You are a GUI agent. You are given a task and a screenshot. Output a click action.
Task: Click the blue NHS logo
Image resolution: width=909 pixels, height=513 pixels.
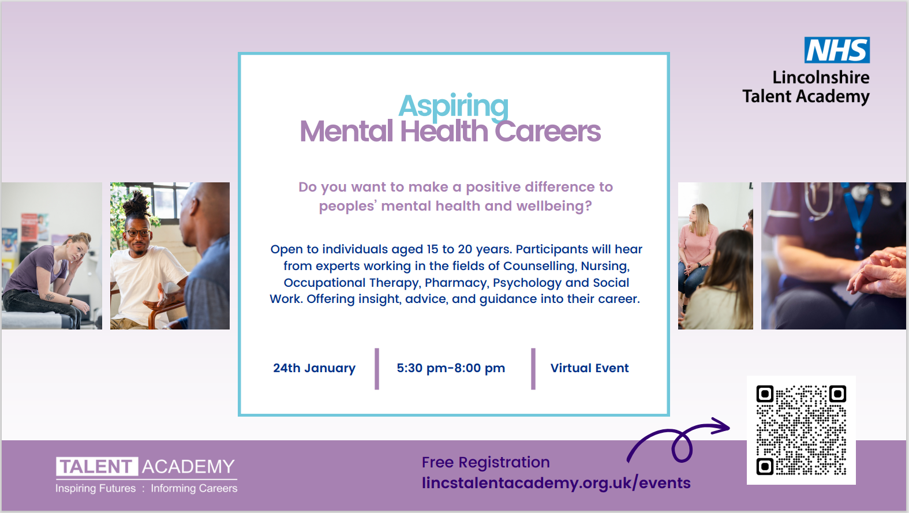point(837,50)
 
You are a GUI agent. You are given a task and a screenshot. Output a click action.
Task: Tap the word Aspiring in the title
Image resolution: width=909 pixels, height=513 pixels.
point(453,106)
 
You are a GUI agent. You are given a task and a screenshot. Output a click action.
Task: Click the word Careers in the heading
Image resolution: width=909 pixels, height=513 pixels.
point(548,132)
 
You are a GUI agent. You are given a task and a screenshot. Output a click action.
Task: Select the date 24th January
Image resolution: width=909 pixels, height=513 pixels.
point(314,368)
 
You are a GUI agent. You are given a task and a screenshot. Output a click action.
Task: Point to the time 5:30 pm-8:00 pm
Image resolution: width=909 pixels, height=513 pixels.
point(451,368)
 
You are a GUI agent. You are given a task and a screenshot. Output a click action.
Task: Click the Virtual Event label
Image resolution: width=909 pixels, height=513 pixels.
point(589,368)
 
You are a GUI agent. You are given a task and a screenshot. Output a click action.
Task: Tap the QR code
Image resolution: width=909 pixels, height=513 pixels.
point(801,430)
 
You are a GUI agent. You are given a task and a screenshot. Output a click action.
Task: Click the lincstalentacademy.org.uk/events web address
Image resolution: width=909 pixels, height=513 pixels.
point(556,483)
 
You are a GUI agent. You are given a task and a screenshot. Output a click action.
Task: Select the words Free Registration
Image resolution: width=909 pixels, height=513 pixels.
point(486,462)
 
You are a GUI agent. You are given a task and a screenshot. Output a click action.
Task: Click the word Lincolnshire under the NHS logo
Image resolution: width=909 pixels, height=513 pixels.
point(821,77)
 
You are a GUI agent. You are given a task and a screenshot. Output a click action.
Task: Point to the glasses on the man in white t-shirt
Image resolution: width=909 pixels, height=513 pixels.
point(138,233)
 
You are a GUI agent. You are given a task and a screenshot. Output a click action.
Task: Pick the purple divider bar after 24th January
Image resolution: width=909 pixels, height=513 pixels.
point(377,369)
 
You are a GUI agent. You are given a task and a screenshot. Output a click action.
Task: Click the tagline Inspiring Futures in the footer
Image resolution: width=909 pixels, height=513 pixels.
point(95,488)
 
